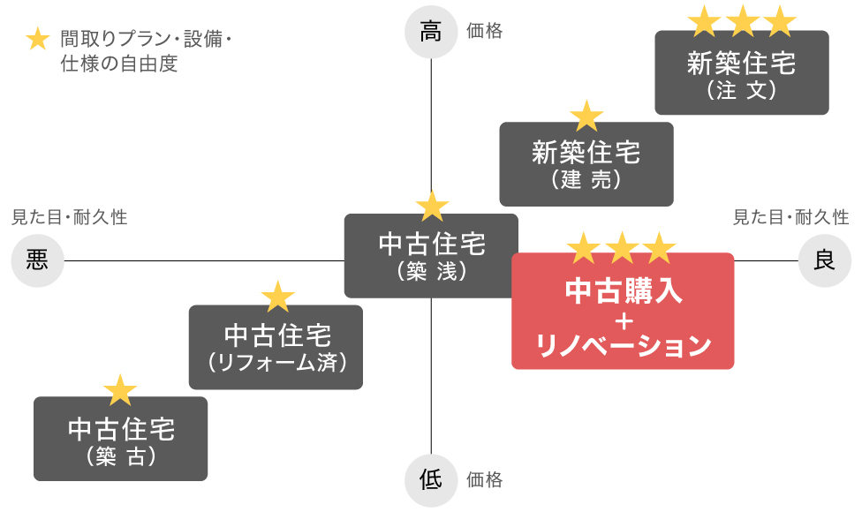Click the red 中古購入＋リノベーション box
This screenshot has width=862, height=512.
(623, 311)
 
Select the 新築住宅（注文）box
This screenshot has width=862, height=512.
(741, 73)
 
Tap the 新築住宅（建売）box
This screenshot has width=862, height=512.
(586, 164)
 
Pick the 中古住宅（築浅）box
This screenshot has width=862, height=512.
(431, 255)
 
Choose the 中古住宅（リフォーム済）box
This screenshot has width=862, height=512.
(276, 347)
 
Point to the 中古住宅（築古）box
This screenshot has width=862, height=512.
(120, 439)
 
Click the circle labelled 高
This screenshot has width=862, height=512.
(431, 33)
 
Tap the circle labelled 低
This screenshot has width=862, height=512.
(431, 480)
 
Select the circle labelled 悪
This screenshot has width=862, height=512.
(37, 260)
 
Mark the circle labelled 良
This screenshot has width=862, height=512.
(824, 260)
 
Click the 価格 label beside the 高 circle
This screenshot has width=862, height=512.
(484, 31)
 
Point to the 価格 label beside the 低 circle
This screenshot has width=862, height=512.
(484, 480)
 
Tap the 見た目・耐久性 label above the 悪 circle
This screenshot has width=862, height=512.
(69, 217)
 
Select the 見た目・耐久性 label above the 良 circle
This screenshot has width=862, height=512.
(791, 217)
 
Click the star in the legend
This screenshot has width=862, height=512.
(37, 40)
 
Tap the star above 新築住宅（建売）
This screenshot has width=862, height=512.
(586, 116)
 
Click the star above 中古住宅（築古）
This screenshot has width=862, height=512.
(120, 390)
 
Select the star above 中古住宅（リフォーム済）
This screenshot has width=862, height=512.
(277, 297)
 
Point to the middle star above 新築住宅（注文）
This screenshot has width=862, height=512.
(742, 21)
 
